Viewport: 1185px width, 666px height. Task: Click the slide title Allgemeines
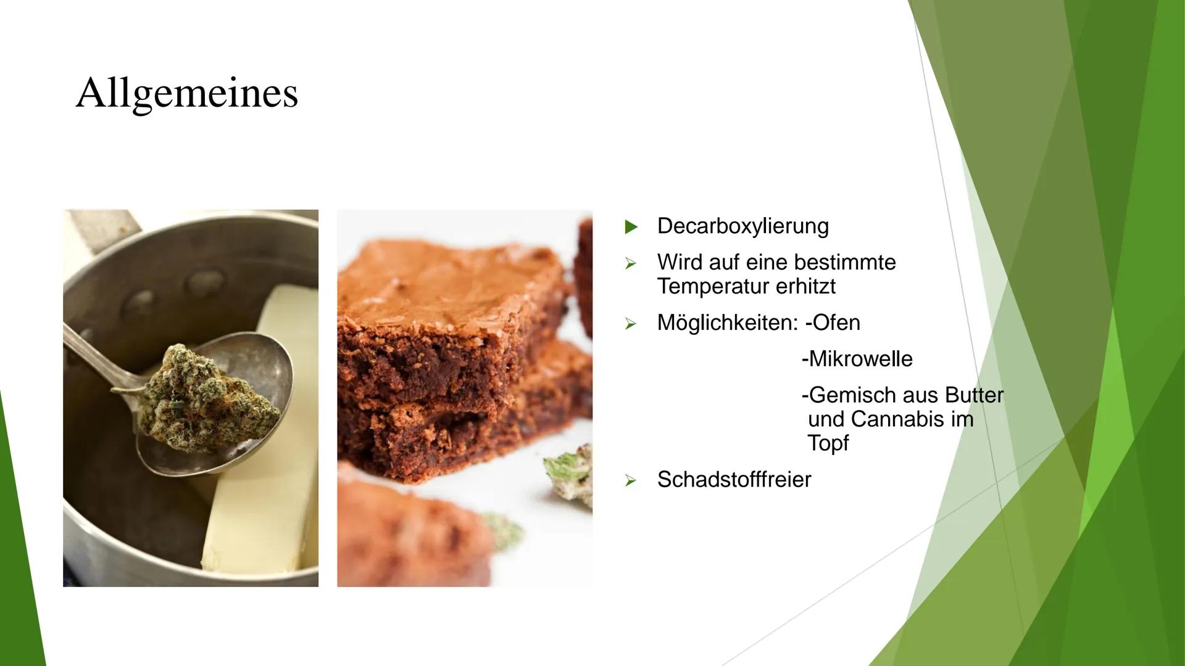(187, 94)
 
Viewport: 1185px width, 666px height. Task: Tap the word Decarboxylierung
(742, 226)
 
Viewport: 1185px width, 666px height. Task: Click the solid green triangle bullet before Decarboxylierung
(630, 227)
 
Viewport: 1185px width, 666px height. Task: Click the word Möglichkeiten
(727, 323)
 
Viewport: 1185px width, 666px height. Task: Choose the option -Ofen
(833, 323)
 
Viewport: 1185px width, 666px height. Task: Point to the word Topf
(828, 443)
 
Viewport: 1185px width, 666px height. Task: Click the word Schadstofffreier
(734, 479)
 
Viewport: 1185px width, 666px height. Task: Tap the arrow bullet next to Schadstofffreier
(630, 480)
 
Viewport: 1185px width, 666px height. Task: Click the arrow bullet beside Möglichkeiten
(630, 323)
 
